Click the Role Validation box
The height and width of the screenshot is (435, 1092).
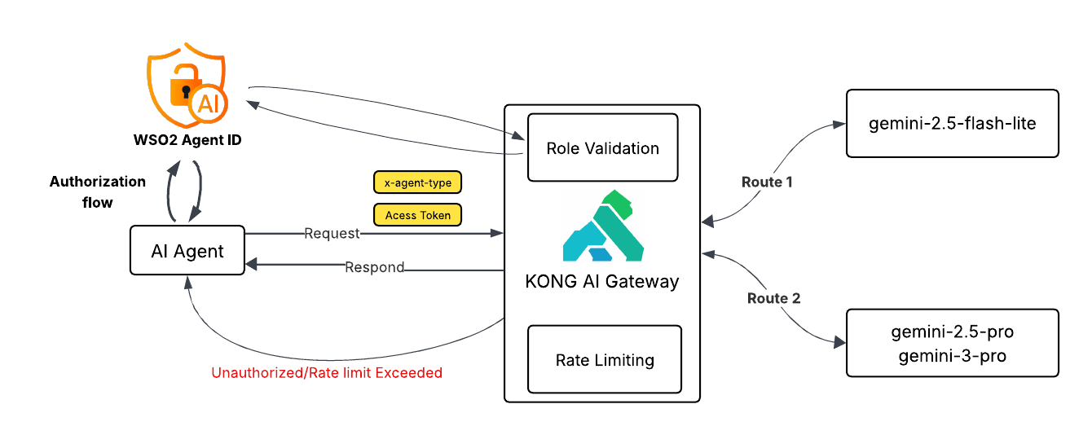click(602, 147)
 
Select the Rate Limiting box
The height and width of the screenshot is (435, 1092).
click(604, 359)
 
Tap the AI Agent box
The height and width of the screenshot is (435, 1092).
click(187, 250)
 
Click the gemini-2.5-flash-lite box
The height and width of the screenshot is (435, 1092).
click(952, 124)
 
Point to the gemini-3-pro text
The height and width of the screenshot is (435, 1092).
click(952, 355)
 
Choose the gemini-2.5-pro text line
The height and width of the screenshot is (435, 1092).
click(952, 333)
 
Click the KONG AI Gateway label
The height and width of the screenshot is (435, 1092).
click(602, 282)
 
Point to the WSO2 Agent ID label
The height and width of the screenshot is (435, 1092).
click(187, 140)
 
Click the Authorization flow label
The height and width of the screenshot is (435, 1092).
click(97, 191)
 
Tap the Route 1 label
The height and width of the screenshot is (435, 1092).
click(766, 182)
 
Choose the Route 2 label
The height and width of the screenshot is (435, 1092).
click(773, 298)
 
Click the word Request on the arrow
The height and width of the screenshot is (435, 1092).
click(332, 234)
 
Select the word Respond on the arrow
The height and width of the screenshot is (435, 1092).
click(374, 267)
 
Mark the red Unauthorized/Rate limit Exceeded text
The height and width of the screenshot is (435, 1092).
click(327, 373)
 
